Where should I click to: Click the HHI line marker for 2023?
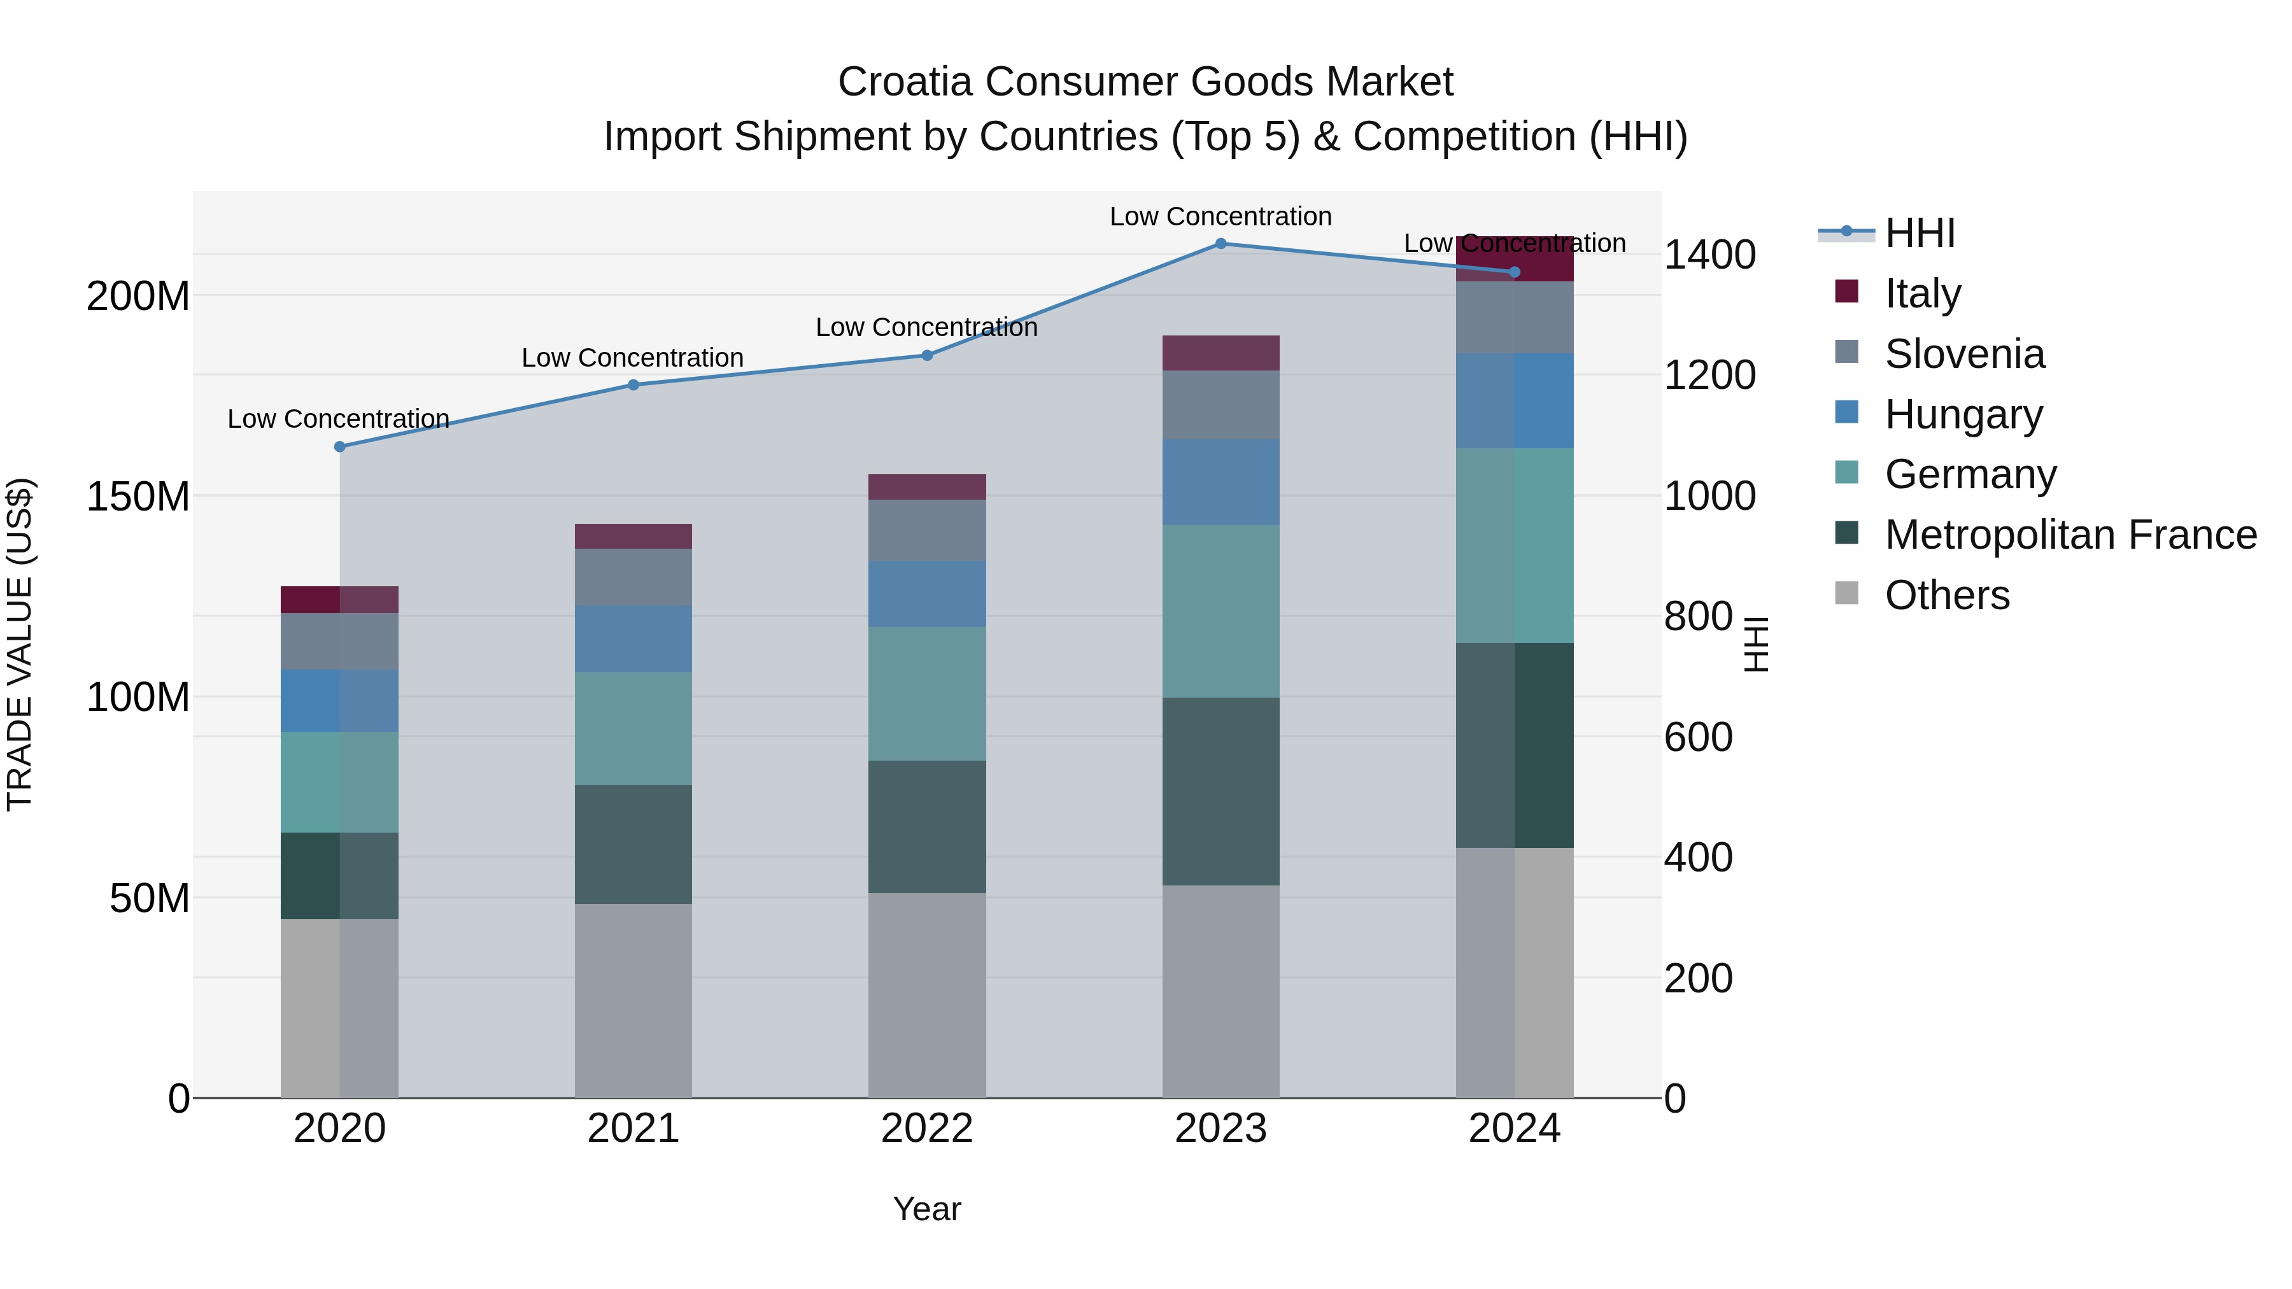(1220, 244)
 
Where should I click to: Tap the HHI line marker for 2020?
(340, 447)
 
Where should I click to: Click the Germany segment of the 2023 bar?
(1220, 611)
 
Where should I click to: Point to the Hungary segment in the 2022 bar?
(927, 595)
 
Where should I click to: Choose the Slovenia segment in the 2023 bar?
(1220, 405)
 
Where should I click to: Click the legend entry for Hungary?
(1963, 414)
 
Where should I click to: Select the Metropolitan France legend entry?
(2070, 535)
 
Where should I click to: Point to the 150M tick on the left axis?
(138, 497)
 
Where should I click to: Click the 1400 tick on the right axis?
(1709, 255)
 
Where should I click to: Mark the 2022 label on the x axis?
(927, 1129)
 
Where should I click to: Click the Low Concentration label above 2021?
(633, 358)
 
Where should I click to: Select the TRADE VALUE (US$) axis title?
(20, 644)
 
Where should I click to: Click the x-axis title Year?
(927, 1209)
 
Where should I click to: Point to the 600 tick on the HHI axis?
(1697, 738)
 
